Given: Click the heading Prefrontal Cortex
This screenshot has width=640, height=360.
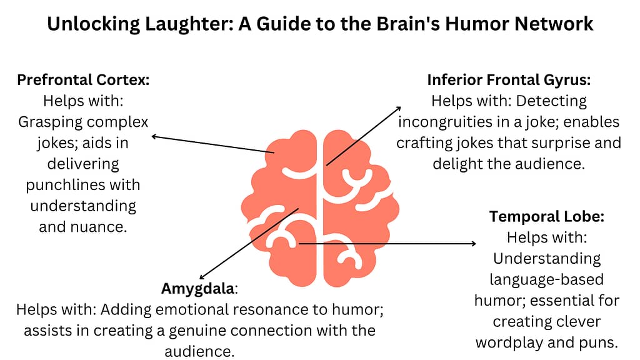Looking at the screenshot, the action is (x=83, y=80).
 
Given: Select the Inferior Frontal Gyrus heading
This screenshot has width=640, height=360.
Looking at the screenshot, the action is (x=509, y=80).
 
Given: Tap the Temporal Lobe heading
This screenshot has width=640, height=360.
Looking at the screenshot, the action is (x=546, y=216).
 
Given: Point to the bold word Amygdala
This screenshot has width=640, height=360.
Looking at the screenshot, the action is (x=198, y=289).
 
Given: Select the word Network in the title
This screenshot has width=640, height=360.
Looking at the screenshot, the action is (x=554, y=24).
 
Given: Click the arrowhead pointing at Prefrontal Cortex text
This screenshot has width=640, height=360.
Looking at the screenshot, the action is (x=154, y=137).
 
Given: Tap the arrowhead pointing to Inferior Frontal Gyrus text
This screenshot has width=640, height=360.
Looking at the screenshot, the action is (x=398, y=109).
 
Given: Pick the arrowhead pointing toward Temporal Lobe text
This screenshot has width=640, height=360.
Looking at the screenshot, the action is (x=474, y=244).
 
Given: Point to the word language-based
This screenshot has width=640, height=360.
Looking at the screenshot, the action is (x=546, y=279).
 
